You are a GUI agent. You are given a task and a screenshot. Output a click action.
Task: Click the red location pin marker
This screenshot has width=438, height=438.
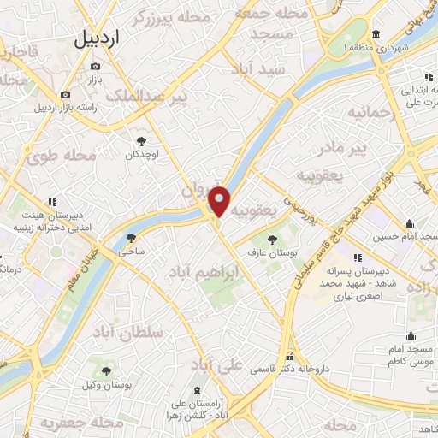(220, 201)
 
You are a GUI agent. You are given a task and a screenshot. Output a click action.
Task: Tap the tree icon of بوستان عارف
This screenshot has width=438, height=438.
(272, 239)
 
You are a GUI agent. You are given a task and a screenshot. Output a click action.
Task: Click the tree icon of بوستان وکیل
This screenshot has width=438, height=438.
(106, 371)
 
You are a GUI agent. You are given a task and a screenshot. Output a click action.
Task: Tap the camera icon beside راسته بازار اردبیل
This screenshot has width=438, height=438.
(65, 95)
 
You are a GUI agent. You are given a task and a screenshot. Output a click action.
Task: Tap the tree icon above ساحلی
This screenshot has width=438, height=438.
(131, 239)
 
